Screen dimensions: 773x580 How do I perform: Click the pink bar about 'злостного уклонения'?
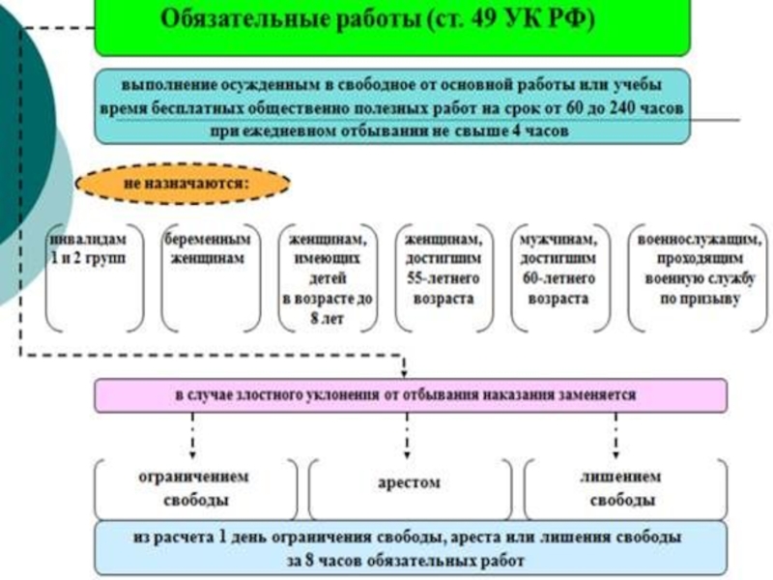410,395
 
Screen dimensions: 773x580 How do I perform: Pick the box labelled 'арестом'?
408,482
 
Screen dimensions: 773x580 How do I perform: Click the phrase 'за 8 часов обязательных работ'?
410,560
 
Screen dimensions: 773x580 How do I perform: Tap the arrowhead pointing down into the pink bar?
404,372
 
